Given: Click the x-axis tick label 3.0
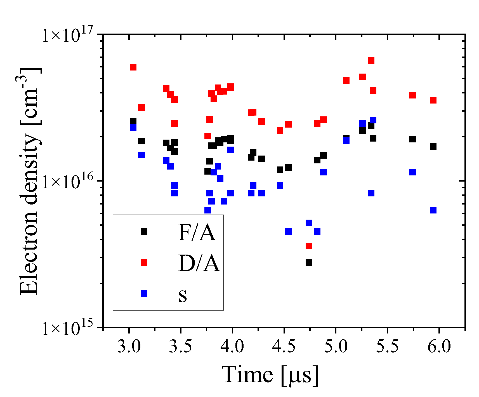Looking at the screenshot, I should [129, 347].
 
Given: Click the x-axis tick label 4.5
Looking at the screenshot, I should [284, 347].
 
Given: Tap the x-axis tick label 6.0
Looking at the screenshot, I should [439, 347].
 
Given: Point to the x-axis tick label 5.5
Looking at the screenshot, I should [387, 347].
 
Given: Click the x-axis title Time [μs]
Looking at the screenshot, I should [270, 375].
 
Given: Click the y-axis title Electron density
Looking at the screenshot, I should [29, 182].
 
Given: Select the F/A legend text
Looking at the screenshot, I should [197, 232].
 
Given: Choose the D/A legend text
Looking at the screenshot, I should [199, 263].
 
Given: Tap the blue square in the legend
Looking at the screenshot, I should [144, 293].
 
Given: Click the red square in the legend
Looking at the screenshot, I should [144, 262].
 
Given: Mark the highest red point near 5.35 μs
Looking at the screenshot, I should [371, 61].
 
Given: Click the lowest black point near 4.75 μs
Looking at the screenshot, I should [309, 262].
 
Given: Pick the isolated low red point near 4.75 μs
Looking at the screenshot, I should [309, 246].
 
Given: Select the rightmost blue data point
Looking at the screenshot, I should [433, 210].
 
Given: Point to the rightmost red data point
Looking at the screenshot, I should [433, 100].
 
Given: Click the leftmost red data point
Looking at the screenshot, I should [133, 67].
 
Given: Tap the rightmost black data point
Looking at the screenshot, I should [433, 146].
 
